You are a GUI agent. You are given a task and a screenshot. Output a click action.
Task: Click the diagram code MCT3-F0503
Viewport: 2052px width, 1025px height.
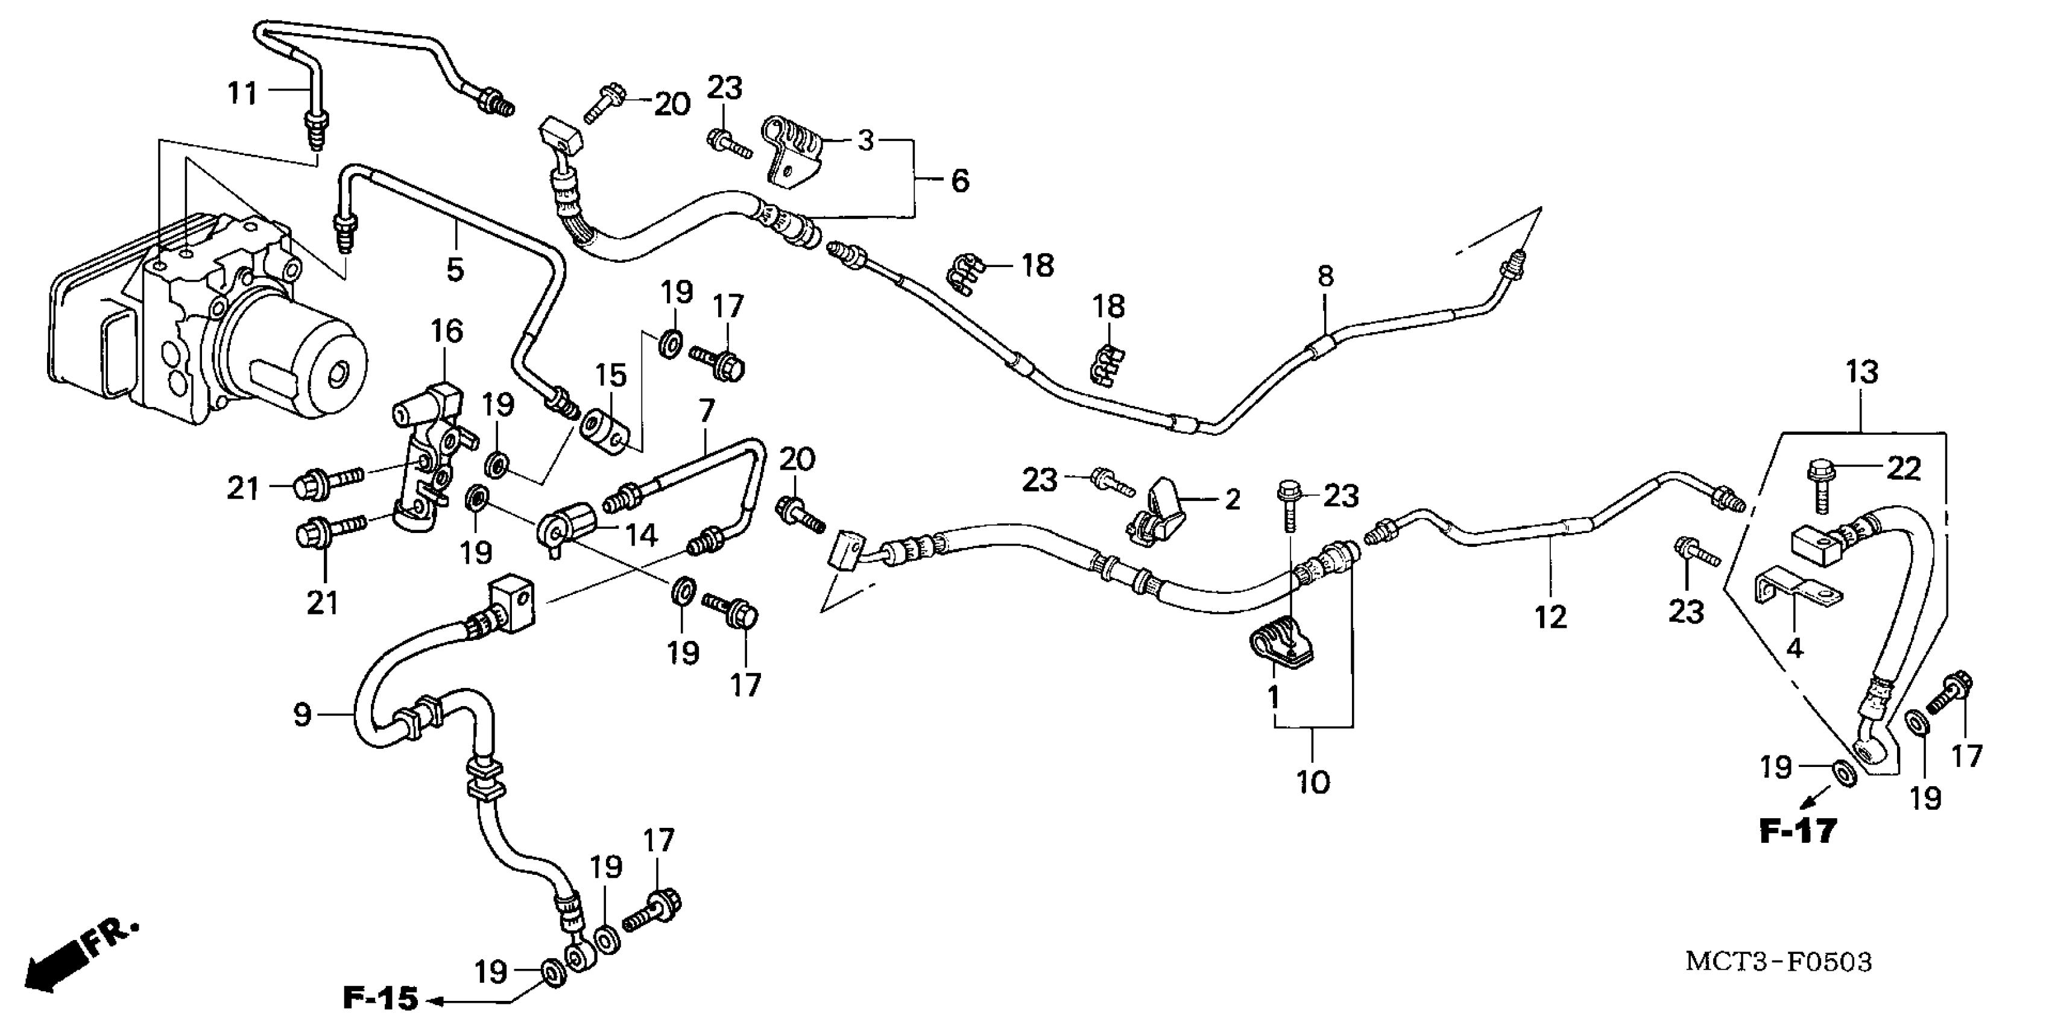pyautogui.click(x=1778, y=961)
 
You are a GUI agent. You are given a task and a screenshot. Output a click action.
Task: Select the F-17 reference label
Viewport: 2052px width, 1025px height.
pyautogui.click(x=1797, y=831)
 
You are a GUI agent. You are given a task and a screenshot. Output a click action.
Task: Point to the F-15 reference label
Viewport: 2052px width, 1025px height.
pyautogui.click(x=380, y=998)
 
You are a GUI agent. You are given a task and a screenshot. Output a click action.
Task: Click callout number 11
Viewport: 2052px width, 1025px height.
pyautogui.click(x=242, y=93)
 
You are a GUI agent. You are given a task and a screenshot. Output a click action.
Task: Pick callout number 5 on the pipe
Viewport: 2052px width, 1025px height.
pyautogui.click(x=455, y=269)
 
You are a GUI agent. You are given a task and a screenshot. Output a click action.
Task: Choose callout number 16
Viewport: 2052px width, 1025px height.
pyautogui.click(x=447, y=330)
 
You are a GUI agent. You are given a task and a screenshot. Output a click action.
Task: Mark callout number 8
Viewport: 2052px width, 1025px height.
pyautogui.click(x=1325, y=276)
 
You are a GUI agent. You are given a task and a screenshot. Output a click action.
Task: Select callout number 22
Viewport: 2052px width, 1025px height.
pyautogui.click(x=1904, y=469)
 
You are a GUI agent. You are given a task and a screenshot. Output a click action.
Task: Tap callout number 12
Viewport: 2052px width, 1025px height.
pyautogui.click(x=1551, y=616)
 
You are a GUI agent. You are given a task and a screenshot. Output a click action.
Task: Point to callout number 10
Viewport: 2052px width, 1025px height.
pyautogui.click(x=1313, y=781)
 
